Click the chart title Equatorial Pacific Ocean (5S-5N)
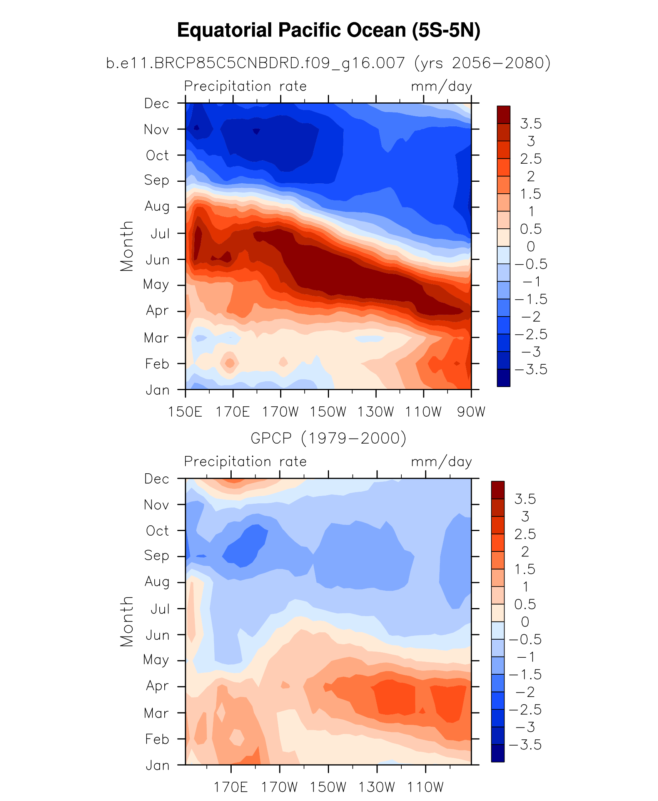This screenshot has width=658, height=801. point(329,30)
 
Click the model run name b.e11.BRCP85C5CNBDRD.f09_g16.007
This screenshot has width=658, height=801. point(256,63)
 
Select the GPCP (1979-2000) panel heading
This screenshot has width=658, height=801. point(329,438)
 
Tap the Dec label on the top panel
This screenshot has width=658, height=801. point(157,103)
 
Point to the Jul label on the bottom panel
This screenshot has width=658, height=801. point(160,609)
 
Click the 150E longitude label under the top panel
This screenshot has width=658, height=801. point(185,412)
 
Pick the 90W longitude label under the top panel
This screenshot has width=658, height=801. point(471,412)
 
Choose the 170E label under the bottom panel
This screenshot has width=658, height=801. point(231,787)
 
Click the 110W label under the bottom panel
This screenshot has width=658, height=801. point(426,787)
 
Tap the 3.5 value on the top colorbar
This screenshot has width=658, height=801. point(531,124)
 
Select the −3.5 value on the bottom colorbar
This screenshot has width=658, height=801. point(525,745)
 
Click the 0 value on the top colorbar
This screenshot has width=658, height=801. point(531,246)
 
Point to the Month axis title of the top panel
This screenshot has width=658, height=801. point(127,246)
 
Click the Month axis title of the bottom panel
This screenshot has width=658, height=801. point(127,622)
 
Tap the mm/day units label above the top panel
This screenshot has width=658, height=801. point(441,86)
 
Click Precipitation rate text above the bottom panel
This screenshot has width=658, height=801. point(245,461)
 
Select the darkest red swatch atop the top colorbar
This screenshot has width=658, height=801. point(503,114)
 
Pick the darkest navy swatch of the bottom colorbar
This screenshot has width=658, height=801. point(498,753)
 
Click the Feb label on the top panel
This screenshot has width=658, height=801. point(157,364)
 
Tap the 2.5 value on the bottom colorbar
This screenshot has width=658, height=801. point(525,534)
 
